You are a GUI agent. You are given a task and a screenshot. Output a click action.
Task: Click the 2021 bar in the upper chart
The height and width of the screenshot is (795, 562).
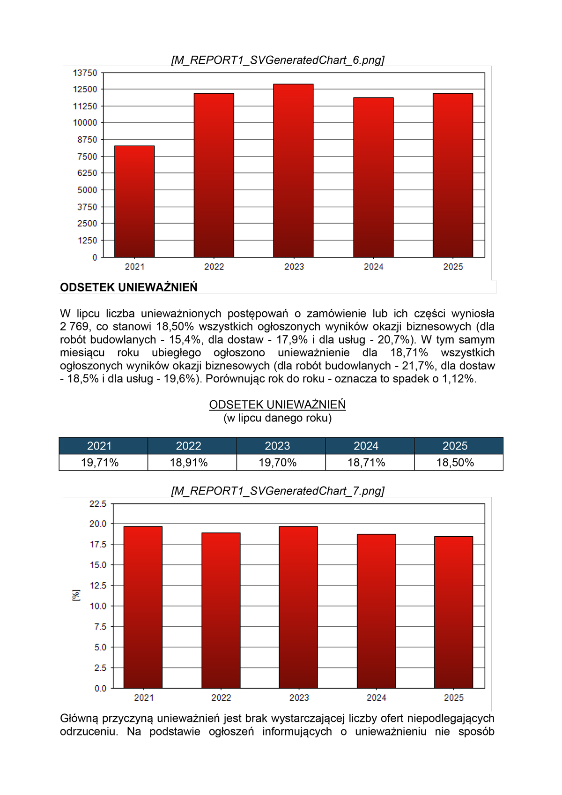pos(134,202)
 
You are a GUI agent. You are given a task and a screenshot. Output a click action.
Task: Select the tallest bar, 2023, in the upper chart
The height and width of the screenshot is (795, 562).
pos(293,171)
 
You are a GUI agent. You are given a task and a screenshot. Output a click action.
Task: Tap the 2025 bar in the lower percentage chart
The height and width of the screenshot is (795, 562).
pos(453,612)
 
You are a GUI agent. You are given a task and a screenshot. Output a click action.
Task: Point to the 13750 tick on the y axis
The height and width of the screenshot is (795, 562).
pos(85,73)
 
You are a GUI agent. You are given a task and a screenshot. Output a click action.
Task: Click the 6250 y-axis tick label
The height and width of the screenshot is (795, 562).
pos(88,173)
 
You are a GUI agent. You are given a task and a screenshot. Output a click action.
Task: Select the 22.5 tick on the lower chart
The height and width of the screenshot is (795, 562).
pos(98,504)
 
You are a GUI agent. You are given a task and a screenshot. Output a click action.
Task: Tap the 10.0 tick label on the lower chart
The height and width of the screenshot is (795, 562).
pos(98,606)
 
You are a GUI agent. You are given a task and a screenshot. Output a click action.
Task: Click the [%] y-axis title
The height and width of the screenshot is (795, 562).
pos(76,595)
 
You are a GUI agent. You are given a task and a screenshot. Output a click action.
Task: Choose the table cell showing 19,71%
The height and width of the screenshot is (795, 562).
pos(100,463)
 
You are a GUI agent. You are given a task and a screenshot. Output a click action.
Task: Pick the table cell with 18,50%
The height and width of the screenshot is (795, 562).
pos(455,463)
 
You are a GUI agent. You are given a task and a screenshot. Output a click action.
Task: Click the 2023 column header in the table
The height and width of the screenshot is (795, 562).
pos(278,446)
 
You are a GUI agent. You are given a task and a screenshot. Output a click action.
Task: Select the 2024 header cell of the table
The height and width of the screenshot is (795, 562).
pos(366,446)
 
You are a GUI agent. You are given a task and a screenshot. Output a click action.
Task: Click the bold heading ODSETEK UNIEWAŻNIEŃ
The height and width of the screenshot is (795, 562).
pos(129,287)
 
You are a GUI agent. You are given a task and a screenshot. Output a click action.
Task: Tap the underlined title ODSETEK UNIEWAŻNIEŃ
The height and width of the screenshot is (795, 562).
pos(277,405)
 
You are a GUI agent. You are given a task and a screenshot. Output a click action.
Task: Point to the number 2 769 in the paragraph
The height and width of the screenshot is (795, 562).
pos(74,327)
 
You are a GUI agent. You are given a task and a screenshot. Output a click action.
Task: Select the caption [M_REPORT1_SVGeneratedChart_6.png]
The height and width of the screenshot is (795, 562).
pos(278,60)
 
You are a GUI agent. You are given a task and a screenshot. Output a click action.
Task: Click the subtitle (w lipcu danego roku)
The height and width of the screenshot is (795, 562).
pos(277,418)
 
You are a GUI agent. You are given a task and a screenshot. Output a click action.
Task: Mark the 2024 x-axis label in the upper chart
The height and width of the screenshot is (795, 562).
pos(373,267)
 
